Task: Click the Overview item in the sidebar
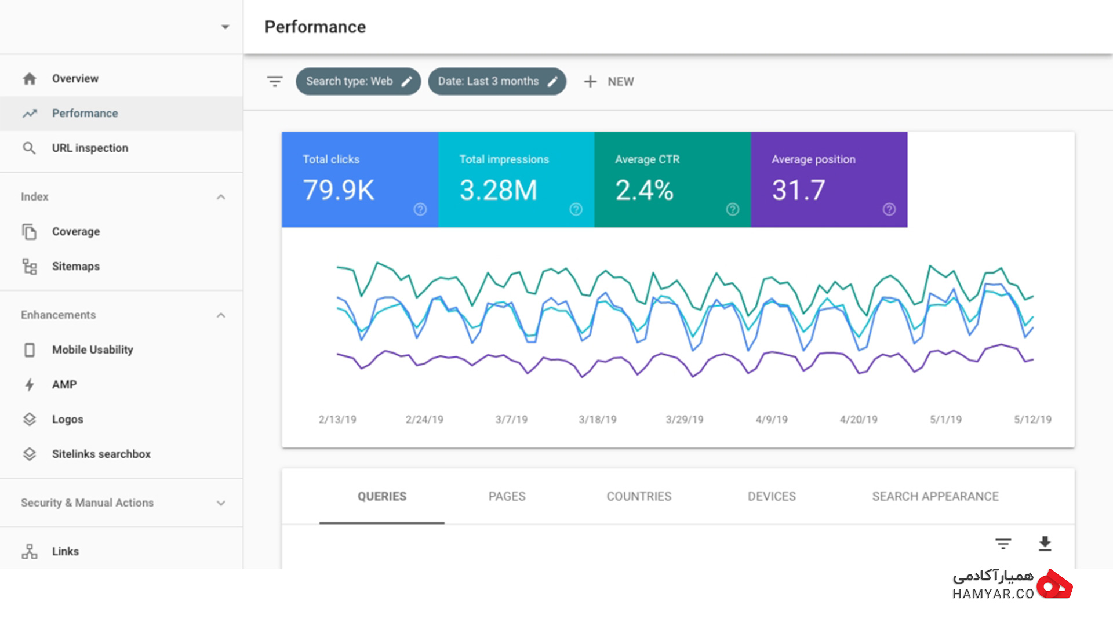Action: coord(75,79)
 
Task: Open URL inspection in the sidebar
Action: coord(90,148)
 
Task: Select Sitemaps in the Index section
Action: coord(76,267)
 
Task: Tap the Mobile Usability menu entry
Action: coord(93,350)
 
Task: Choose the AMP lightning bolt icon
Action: coord(30,385)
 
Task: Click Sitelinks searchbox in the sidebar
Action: coord(101,454)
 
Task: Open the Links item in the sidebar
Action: coord(66,552)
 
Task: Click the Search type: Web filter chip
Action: coord(358,82)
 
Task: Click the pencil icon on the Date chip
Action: coord(552,82)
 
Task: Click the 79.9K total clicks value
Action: coord(339,191)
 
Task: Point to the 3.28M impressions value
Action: coord(499,191)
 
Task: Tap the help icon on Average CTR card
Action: coord(733,209)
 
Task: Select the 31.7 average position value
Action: coord(798,191)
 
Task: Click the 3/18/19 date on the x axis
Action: coord(598,420)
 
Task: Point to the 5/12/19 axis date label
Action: coord(1032,420)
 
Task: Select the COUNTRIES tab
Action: coord(639,497)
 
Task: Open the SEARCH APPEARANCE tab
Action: coord(935,497)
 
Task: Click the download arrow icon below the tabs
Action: coord(1045,544)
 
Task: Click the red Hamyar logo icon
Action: coord(1054,584)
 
